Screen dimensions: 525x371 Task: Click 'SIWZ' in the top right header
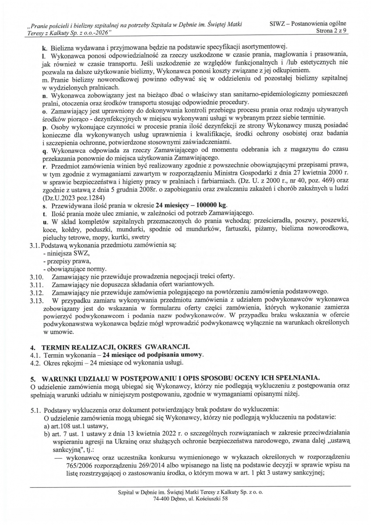click(x=280, y=24)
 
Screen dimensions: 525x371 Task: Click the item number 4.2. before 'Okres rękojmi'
click(x=36, y=362)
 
